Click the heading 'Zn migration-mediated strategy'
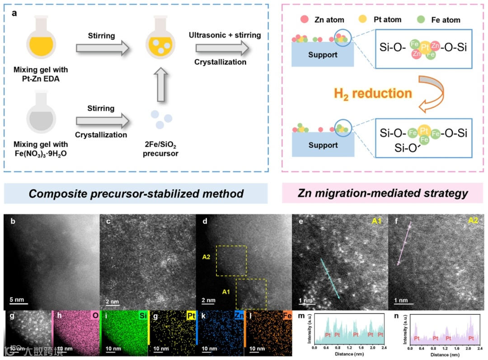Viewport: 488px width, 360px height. (x=383, y=194)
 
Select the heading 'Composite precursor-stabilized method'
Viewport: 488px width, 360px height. (x=136, y=194)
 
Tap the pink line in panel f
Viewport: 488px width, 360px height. (x=404, y=247)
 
